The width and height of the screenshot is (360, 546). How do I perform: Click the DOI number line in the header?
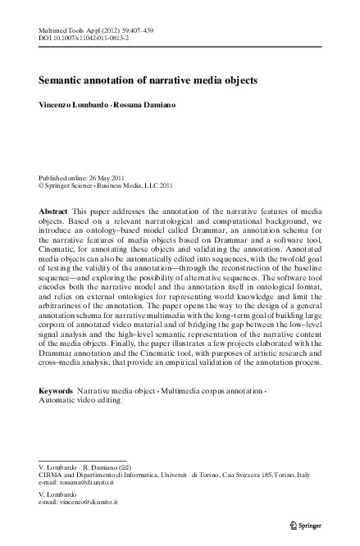pyautogui.click(x=94, y=38)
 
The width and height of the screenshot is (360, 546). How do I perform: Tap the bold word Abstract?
pyautogui.click(x=54, y=211)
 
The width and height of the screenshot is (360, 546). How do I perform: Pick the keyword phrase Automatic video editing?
pyautogui.click(x=81, y=402)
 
